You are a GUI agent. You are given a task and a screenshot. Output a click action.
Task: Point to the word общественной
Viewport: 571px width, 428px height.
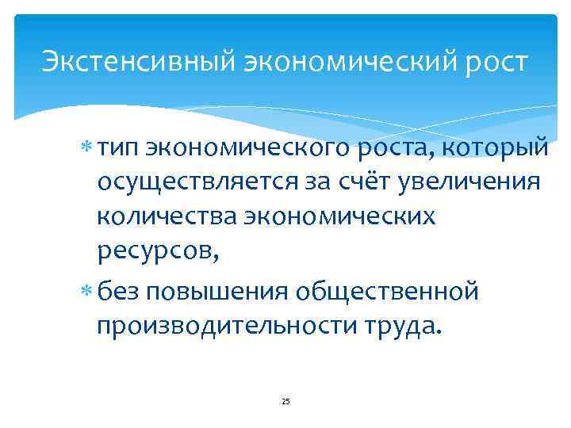click(389, 291)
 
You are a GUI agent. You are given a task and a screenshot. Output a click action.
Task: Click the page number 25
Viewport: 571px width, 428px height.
click(286, 402)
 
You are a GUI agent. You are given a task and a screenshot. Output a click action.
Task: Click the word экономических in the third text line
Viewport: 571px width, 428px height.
click(345, 216)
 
